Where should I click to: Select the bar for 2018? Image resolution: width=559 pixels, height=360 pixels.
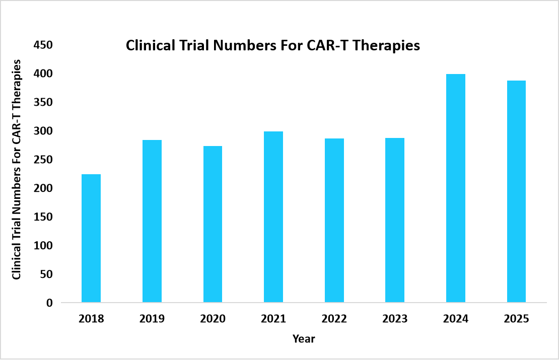tap(91, 239)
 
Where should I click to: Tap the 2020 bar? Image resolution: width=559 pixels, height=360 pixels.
tap(213, 225)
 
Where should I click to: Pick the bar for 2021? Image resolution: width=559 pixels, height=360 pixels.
tap(273, 217)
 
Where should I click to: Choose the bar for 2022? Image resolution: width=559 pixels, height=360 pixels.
tap(334, 221)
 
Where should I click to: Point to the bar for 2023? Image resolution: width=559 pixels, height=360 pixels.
tap(395, 221)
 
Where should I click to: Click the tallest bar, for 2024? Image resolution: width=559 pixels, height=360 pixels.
tap(456, 188)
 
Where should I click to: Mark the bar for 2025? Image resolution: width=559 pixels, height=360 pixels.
tap(516, 191)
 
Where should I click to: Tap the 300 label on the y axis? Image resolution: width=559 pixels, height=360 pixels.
tap(43, 131)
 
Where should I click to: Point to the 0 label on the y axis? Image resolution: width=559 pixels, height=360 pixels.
tap(49, 303)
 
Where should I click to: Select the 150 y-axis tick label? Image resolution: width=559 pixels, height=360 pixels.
tap(43, 217)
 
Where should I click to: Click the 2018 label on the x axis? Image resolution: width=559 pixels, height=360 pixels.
tap(91, 319)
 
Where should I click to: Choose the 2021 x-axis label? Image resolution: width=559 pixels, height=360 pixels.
tap(273, 319)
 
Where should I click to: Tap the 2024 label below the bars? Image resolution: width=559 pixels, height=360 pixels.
tap(456, 319)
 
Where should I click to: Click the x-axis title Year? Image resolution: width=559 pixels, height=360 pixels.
tap(304, 339)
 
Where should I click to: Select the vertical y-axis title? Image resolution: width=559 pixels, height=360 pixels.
tap(17, 169)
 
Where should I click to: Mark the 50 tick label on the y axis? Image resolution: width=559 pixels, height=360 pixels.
tap(46, 274)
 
